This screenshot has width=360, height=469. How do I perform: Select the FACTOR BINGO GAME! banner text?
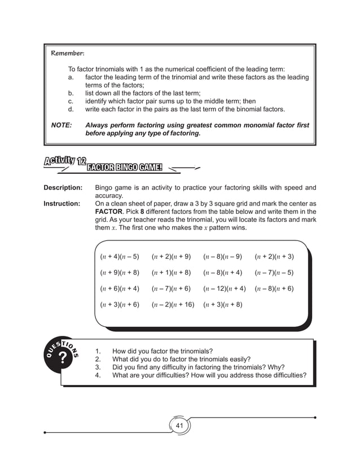tap(124, 168)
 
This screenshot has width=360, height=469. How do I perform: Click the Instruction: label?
tap(63, 204)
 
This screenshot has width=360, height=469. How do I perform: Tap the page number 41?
tap(180, 425)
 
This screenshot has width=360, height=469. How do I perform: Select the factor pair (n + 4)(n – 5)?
tap(120, 257)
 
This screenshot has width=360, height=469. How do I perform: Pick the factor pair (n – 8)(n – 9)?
tap(222, 257)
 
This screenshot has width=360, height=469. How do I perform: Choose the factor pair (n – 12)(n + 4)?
tap(224, 288)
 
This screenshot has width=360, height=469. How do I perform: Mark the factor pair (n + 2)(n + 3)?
tap(274, 257)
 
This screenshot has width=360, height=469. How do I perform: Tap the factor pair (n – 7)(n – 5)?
tap(274, 273)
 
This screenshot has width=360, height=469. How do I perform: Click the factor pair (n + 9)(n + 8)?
tap(120, 273)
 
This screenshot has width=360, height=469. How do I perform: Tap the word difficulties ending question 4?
tap(284, 375)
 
